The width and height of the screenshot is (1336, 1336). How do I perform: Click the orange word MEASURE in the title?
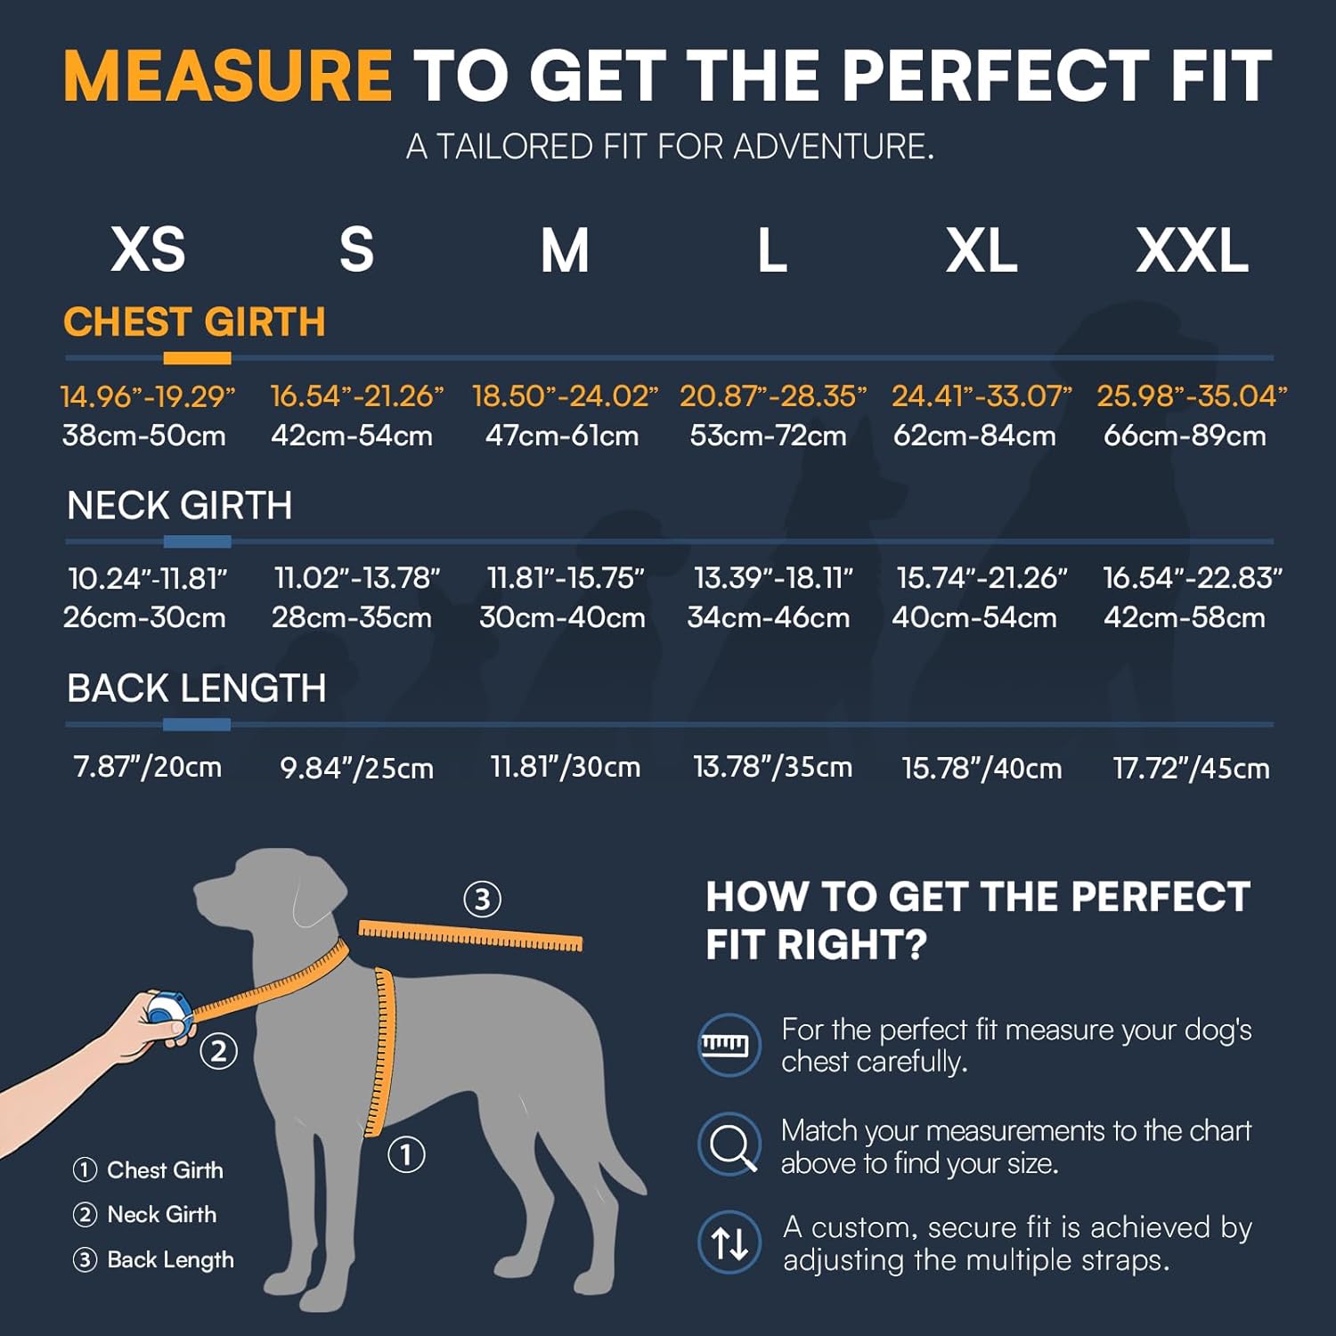(x=227, y=76)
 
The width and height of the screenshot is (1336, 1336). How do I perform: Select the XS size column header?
(x=148, y=250)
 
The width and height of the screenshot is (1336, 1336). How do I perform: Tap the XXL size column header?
(x=1192, y=250)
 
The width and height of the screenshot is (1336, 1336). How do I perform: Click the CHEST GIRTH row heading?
(x=194, y=322)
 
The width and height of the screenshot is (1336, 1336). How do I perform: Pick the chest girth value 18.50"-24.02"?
(x=565, y=396)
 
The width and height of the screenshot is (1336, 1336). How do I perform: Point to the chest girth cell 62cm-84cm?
(x=974, y=436)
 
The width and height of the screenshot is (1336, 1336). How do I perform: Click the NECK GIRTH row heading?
(x=179, y=506)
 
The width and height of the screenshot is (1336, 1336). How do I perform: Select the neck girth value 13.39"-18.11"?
(x=773, y=578)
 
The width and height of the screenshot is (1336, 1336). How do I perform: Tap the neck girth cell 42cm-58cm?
(x=1184, y=617)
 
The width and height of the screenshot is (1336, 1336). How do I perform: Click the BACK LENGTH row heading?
(x=196, y=688)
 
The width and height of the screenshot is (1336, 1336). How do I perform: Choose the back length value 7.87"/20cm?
(x=147, y=767)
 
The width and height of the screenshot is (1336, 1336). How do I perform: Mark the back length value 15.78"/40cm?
(x=982, y=768)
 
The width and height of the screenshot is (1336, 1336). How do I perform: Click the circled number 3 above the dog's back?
(x=482, y=899)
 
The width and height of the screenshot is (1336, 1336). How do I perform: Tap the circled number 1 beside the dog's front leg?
(x=406, y=1154)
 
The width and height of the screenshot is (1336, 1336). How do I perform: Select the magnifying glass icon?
(x=729, y=1144)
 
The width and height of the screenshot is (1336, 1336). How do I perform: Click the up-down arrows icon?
(x=729, y=1242)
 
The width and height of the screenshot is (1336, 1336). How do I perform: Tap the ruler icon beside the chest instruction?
(x=729, y=1045)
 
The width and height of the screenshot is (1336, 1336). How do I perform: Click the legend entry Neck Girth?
(x=160, y=1214)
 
